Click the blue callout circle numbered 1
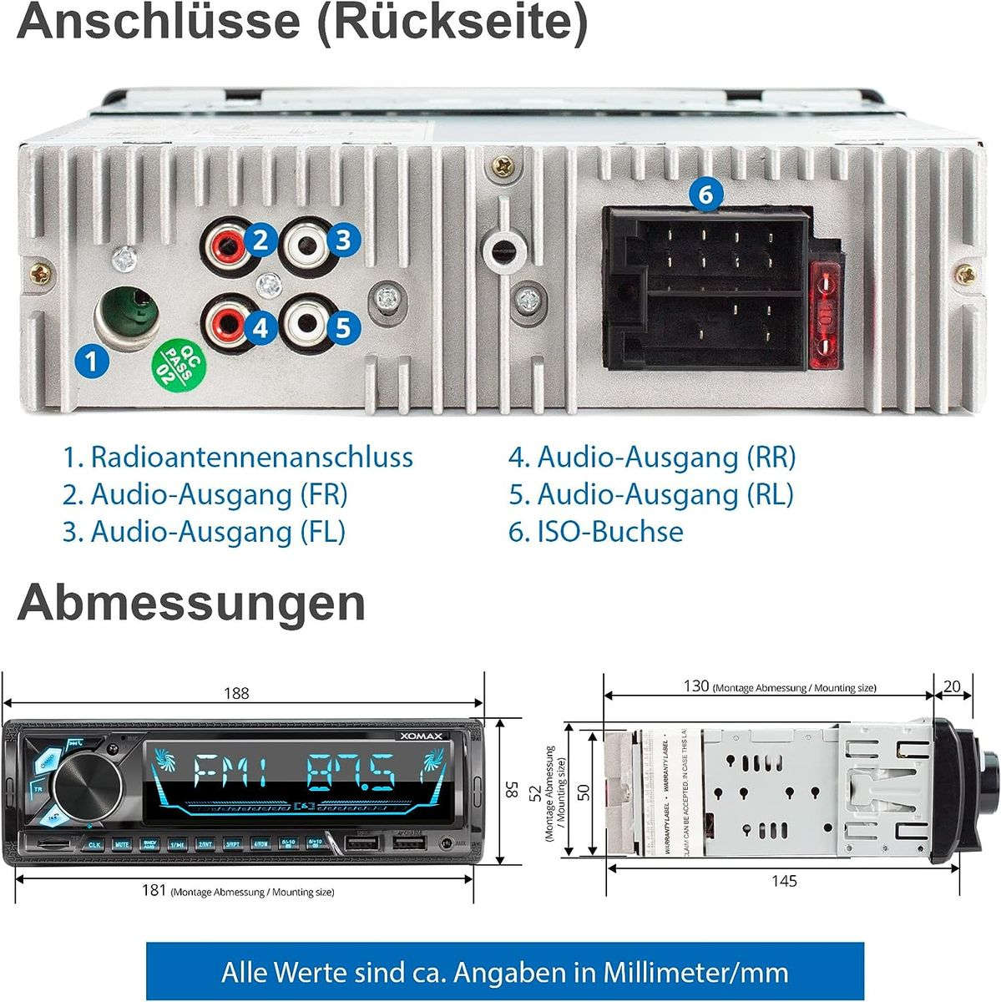[x=90, y=362]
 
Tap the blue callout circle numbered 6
[x=705, y=195]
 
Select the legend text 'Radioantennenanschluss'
[x=251, y=458]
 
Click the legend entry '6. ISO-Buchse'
[x=595, y=532]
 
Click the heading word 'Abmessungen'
[x=191, y=603]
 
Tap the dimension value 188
[x=236, y=693]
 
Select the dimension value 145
[x=784, y=880]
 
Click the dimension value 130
[x=695, y=686]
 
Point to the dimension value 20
[x=951, y=686]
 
